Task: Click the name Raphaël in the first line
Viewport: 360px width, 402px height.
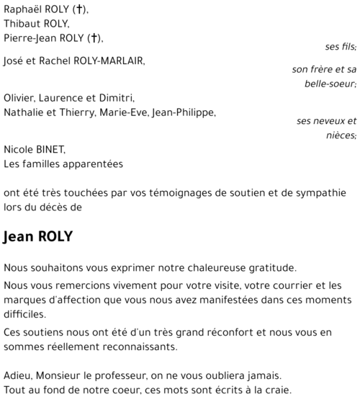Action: click(x=24, y=9)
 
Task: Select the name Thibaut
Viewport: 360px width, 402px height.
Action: click(x=23, y=24)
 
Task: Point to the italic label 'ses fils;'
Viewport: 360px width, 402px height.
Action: click(x=341, y=47)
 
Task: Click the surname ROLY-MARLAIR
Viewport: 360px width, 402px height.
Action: click(x=109, y=61)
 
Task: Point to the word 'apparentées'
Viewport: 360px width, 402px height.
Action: click(x=94, y=164)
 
